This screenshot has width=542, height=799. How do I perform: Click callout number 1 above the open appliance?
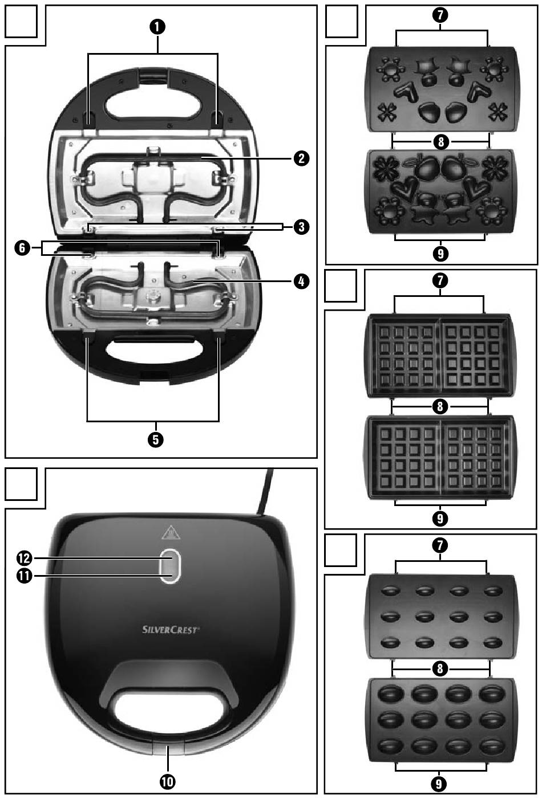[x=154, y=26]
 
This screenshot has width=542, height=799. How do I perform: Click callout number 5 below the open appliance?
[x=154, y=439]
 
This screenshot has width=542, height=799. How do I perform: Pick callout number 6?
[x=22, y=248]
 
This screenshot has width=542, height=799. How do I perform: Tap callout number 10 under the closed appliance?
[x=168, y=782]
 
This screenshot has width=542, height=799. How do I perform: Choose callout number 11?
[x=23, y=576]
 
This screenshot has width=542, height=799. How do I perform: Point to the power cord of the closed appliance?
[x=264, y=493]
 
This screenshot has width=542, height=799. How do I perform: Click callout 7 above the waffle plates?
[x=440, y=280]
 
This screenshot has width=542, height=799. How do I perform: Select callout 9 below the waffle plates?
[x=440, y=519]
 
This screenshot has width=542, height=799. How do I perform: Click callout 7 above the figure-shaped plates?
[x=440, y=15]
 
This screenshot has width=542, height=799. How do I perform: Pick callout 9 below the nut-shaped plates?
[x=440, y=784]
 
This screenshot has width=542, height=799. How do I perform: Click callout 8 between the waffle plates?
[x=440, y=406]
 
